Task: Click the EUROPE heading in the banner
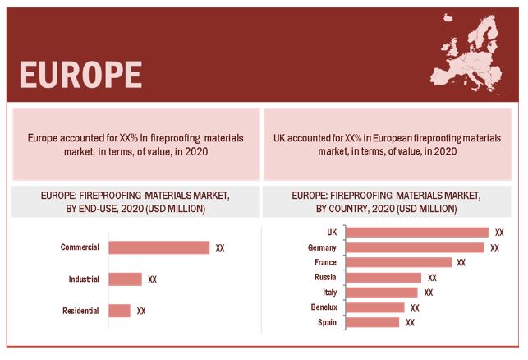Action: point(80,73)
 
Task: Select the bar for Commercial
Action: point(158,247)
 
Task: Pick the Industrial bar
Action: point(125,279)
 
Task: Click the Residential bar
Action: point(119,311)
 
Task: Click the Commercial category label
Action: point(80,247)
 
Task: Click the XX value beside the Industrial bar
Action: point(152,279)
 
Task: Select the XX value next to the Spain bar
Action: point(410,323)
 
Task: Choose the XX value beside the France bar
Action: point(461,263)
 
